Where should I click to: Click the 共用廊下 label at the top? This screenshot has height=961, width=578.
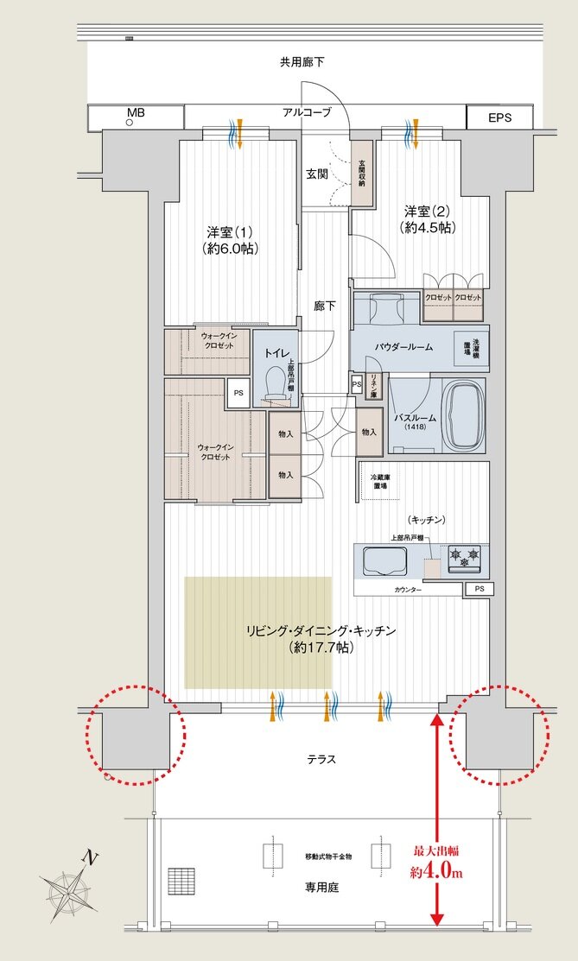(302, 62)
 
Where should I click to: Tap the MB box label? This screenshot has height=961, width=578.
(136, 113)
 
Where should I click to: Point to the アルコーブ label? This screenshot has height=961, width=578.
(306, 113)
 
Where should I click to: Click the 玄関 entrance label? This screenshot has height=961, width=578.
(317, 174)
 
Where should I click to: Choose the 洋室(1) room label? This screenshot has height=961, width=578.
(229, 240)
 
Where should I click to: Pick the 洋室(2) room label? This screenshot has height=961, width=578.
(429, 219)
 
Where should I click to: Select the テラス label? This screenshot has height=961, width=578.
(321, 759)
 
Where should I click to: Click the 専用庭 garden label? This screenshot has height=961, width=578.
(320, 887)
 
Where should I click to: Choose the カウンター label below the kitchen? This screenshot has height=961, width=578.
(408, 589)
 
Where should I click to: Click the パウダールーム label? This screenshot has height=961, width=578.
(403, 346)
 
